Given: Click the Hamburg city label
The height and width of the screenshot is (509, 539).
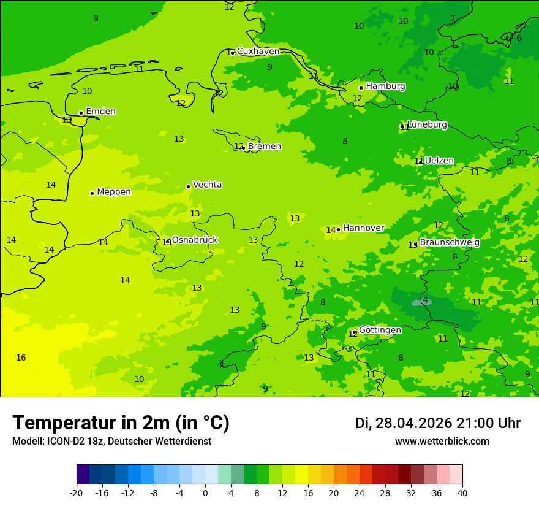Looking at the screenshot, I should pos(385,86).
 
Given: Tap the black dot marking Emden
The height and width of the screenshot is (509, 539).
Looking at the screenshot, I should pos(81,113).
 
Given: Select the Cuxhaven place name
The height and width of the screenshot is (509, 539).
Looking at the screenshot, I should pos(258,52).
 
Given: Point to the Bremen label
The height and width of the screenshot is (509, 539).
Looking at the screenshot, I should pos(264,147).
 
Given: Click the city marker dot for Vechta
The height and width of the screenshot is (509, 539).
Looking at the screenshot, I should pos(188,186).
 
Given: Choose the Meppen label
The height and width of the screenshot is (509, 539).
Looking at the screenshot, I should pos(113,192).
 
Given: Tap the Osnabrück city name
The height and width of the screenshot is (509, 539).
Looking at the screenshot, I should pos(194,240).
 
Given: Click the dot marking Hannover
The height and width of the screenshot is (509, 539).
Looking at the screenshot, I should pos(338,229).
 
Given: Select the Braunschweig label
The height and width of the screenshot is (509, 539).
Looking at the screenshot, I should pos(449,242).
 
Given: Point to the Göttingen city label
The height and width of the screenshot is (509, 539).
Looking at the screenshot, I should pos(380,330).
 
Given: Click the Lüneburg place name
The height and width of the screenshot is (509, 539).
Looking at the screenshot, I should pos(426,124).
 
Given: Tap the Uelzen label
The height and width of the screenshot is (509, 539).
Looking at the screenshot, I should pos(439,161).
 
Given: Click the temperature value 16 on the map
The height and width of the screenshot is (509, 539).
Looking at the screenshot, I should pos(21,358).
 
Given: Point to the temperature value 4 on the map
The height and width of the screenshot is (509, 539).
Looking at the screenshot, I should pos(425,300).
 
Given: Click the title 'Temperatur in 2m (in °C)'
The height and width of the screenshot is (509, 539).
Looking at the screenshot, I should pos(121,423).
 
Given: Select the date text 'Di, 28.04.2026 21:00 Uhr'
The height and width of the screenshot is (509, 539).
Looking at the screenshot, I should pos(437,423).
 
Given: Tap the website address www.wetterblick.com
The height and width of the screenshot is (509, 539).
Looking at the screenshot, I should pos(442,441).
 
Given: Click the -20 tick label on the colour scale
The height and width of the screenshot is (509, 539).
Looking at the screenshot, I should pos(77,492).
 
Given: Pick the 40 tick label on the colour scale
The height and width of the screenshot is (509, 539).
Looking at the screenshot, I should pos(462,492).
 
